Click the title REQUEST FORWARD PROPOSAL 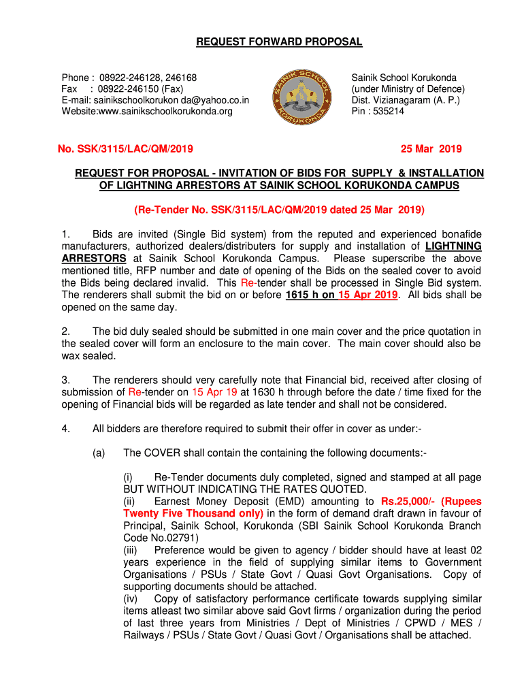point(279,42)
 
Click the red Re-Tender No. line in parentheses point(279,208)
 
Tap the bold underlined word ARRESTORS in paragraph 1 point(94,259)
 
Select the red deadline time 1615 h point(300,295)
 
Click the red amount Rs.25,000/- point(410,502)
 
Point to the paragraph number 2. point(65,331)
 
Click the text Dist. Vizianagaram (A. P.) point(405,100)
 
